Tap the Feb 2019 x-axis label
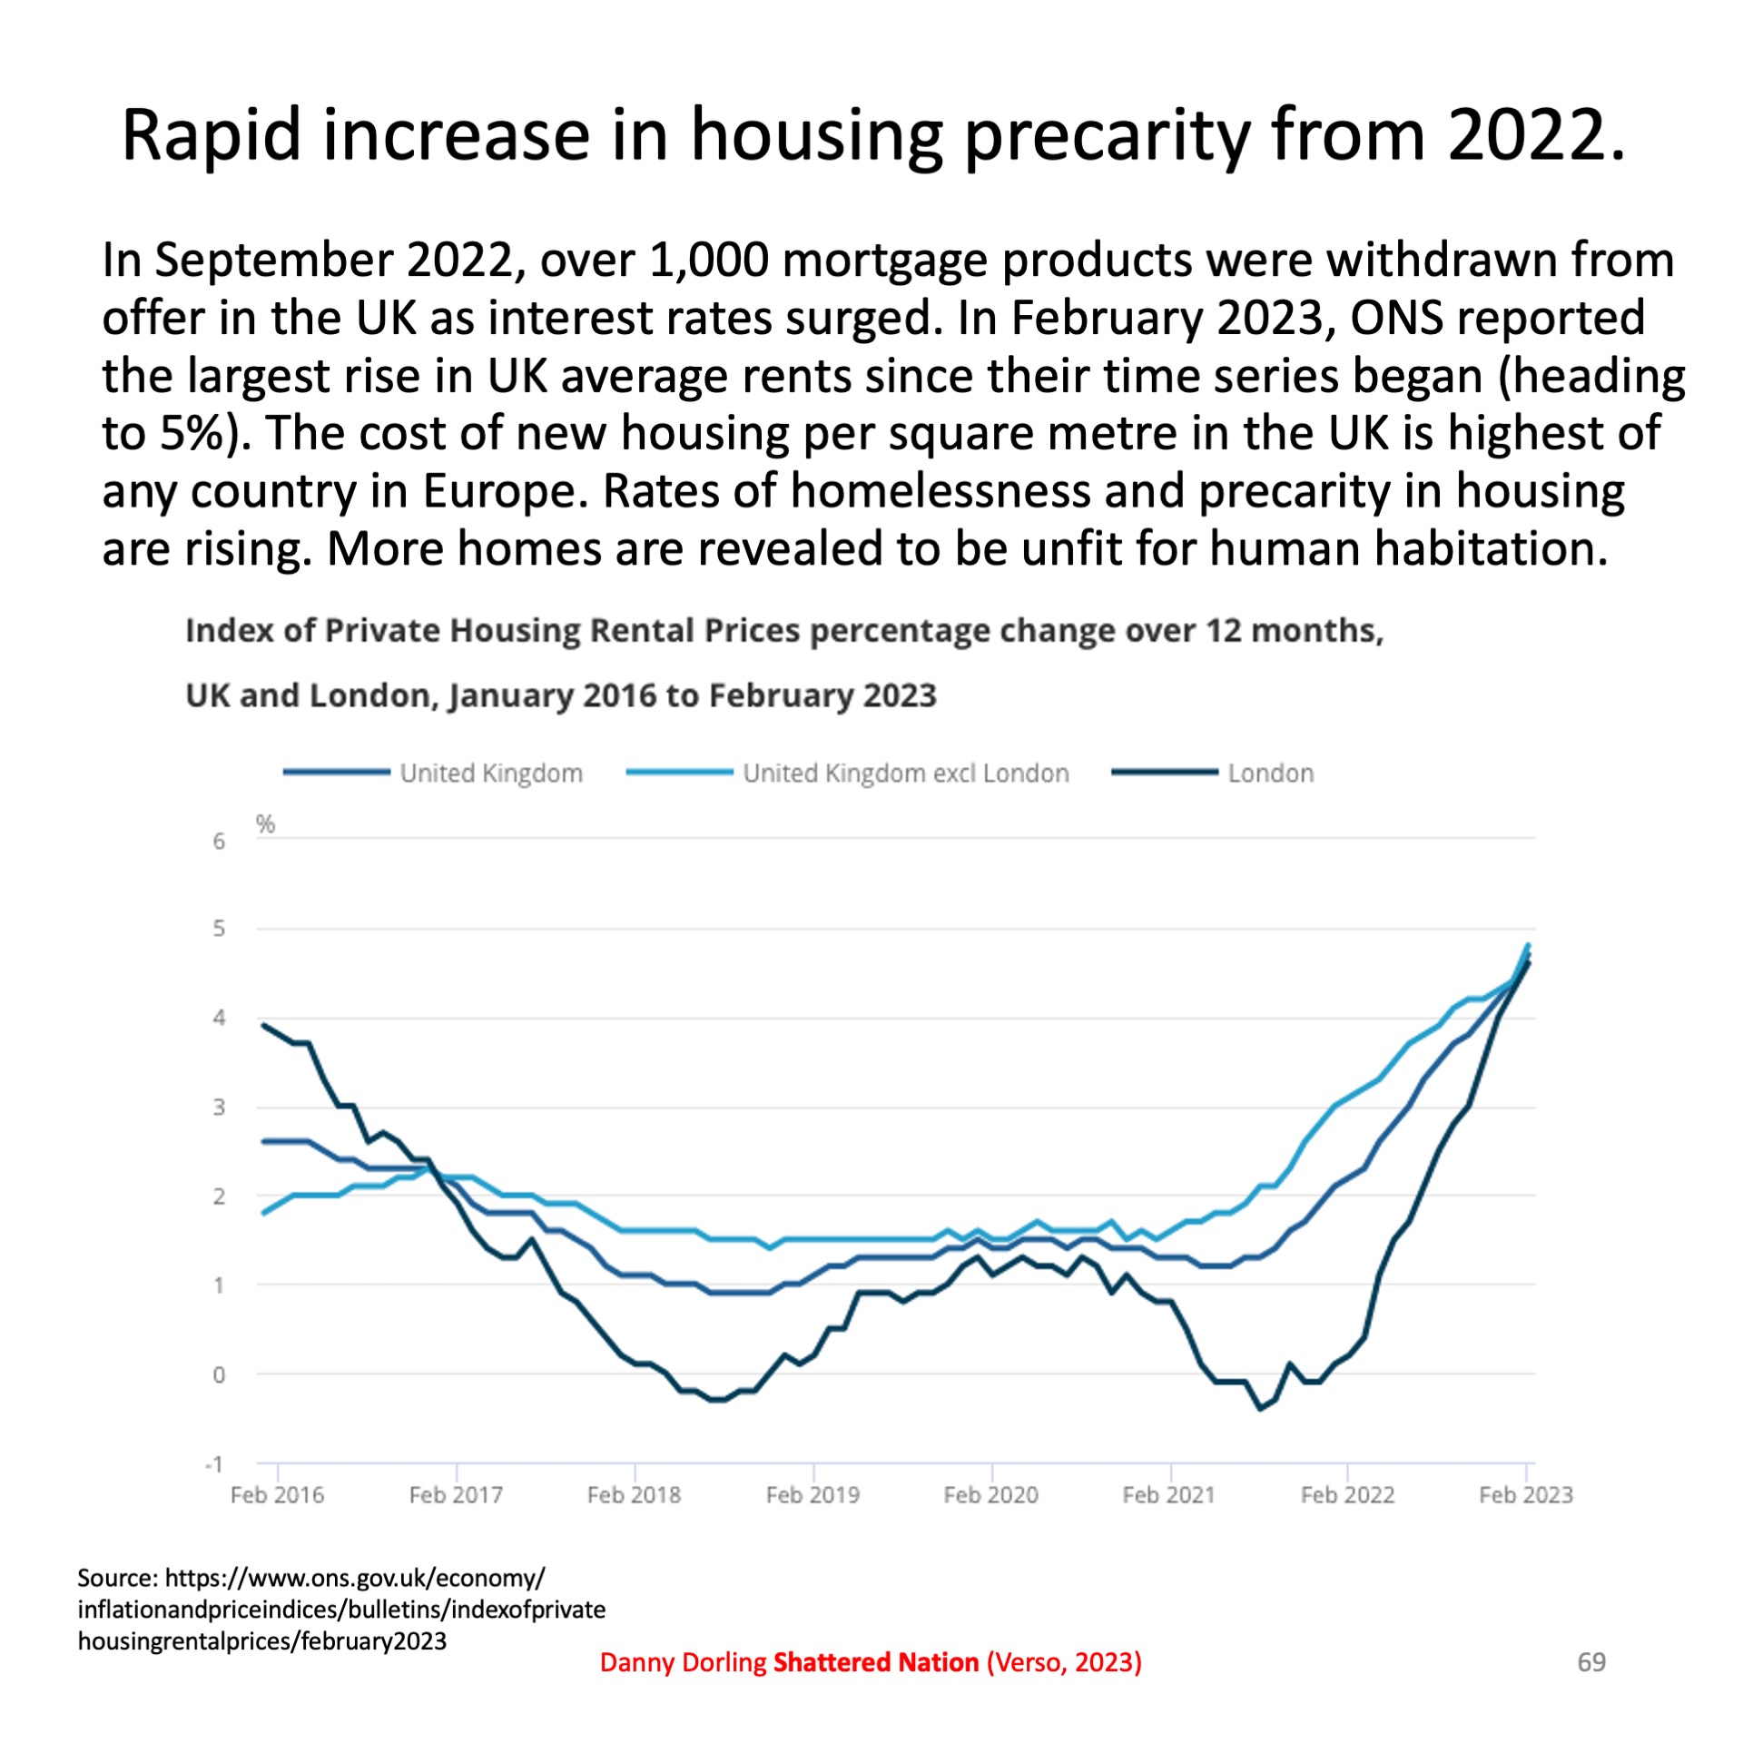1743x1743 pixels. (812, 1495)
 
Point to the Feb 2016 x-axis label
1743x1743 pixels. (277, 1495)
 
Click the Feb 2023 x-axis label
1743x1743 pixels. (1525, 1495)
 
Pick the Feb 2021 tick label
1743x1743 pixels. (1168, 1495)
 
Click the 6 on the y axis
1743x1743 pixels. (219, 842)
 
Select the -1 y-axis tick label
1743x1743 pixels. (214, 1464)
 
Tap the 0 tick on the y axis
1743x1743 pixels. (219, 1375)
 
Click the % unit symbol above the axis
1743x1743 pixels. (265, 824)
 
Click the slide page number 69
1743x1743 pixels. (1591, 1661)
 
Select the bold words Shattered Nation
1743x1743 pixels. (875, 1662)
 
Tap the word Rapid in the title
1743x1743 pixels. (211, 136)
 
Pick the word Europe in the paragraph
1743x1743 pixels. (499, 492)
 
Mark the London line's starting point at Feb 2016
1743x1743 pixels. (263, 1025)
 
